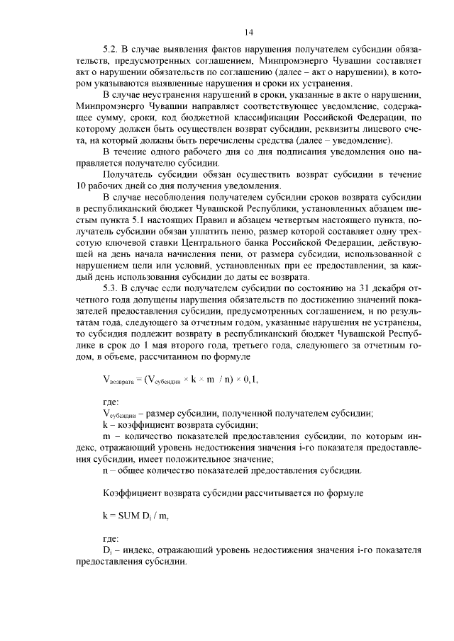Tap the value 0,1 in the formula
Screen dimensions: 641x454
pos(247,379)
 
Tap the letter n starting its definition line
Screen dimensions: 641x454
pos(105,470)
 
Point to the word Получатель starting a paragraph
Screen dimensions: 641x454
pos(128,175)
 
